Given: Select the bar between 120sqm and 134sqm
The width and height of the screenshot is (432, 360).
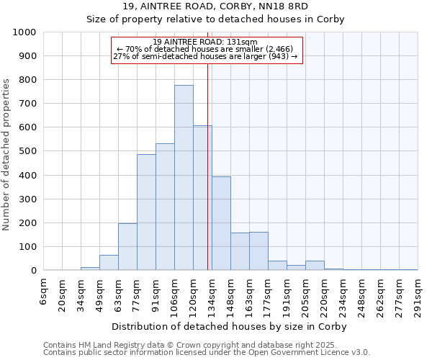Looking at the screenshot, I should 202,198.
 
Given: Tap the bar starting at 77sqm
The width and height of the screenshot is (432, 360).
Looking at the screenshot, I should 146,212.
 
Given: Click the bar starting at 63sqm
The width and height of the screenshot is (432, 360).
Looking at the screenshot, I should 127,247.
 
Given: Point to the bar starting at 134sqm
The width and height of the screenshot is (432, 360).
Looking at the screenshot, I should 221,224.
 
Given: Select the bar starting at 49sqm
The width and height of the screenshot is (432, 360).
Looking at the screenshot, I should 109,263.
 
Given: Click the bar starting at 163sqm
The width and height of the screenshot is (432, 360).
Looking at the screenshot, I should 258,251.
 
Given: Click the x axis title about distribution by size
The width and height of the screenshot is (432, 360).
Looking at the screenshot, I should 230,326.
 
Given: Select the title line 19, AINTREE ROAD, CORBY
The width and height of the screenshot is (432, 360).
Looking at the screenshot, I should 215,6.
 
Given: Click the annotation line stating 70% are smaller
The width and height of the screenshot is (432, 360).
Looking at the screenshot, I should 205,49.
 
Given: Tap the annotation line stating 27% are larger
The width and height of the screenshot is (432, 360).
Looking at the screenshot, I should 205,56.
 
